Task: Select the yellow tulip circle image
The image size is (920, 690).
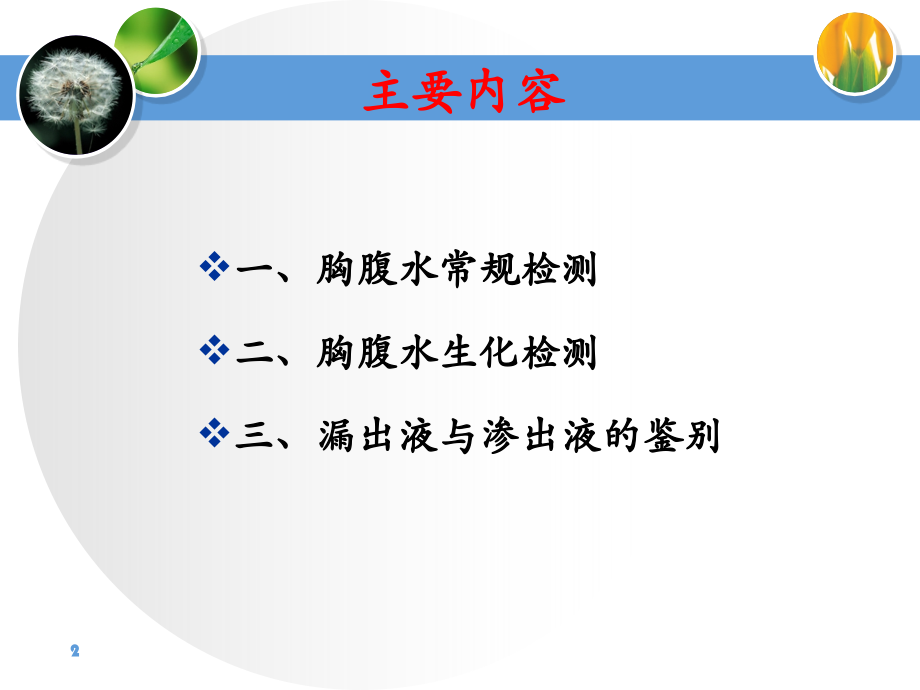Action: coord(854,54)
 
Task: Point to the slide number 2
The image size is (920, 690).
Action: coord(74,651)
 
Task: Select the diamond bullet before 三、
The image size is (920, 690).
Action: coord(215,434)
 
